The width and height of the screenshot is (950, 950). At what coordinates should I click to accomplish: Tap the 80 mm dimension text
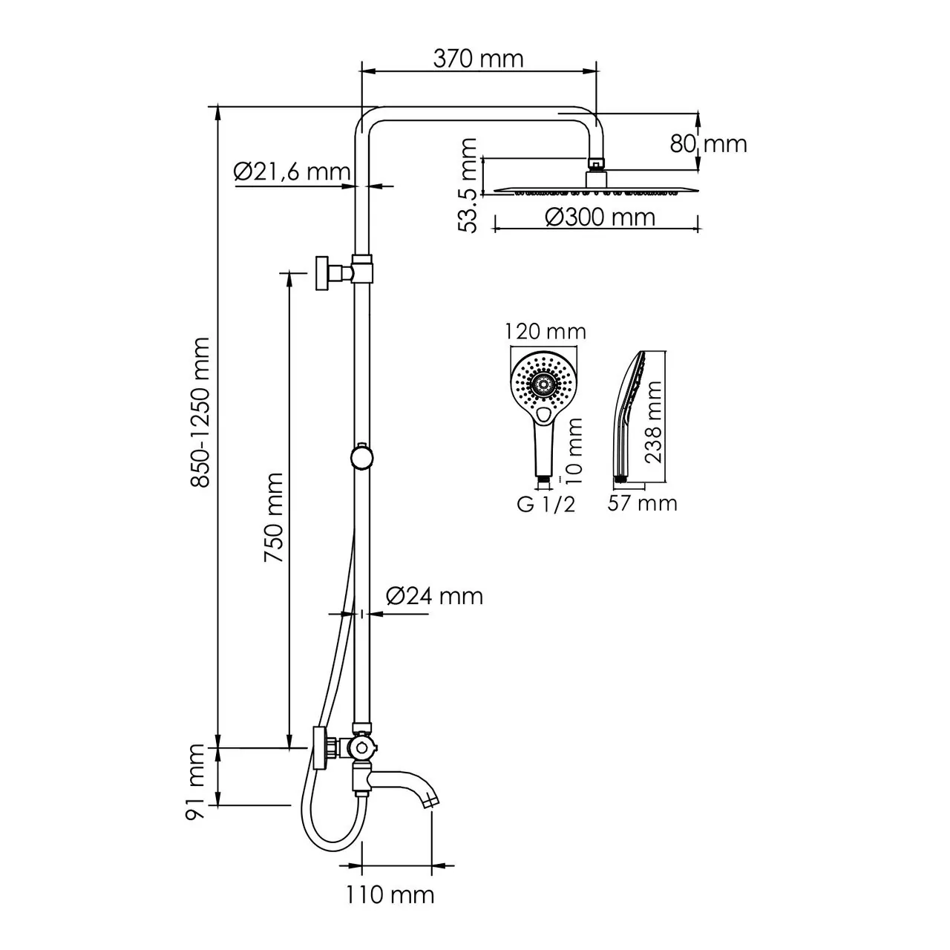point(708,143)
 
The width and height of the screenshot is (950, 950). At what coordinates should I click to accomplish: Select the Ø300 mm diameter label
point(600,217)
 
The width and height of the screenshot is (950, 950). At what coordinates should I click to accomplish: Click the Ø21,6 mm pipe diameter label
point(291,171)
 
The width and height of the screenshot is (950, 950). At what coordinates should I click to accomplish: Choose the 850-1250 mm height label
point(200,413)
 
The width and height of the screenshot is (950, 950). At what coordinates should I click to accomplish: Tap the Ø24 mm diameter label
point(434,595)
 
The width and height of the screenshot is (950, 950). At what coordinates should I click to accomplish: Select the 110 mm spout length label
point(390,895)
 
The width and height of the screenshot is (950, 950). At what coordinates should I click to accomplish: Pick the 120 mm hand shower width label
point(546,331)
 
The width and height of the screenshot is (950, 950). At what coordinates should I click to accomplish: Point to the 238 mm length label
point(653,422)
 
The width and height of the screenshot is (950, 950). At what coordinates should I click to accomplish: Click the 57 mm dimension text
point(642,503)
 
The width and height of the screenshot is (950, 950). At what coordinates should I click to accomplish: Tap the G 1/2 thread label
point(546,505)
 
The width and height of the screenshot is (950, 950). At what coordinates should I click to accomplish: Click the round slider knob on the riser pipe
point(361,456)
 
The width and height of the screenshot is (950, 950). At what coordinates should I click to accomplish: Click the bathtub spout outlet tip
point(431,802)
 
